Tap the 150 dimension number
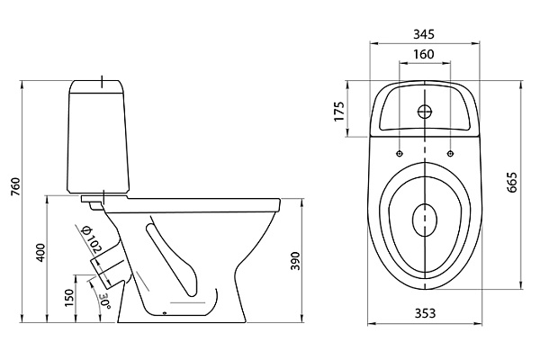tap(71, 298)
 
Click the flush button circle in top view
tap(424, 112)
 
